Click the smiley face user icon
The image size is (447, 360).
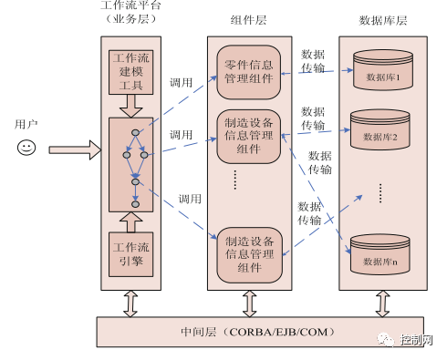pos(26,148)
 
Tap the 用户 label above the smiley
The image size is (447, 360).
pos(26,124)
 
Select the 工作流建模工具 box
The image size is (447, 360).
pos(131,72)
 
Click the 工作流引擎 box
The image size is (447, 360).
pos(131,254)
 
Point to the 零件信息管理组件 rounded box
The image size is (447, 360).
pos(249,72)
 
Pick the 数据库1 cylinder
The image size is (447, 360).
pos(383,70)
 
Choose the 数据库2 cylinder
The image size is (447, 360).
pos(380,129)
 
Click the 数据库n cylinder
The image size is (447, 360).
pos(380,254)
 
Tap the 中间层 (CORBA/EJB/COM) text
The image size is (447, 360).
pos(257,332)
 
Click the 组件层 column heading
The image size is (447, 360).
pos(248,20)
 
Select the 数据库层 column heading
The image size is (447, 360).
pos(383,20)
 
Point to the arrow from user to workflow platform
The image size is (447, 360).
pos(75,149)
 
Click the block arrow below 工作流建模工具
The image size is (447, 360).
pos(131,106)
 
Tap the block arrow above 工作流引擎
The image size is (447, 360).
pos(131,222)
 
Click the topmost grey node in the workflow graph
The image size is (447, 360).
pos(135,132)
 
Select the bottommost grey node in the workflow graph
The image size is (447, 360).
pos(135,204)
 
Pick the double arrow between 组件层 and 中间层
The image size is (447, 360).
pos(250,303)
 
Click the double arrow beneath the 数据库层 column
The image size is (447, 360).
pos(383,303)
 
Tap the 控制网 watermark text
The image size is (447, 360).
pos(416,340)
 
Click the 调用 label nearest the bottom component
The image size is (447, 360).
pos(190,199)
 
